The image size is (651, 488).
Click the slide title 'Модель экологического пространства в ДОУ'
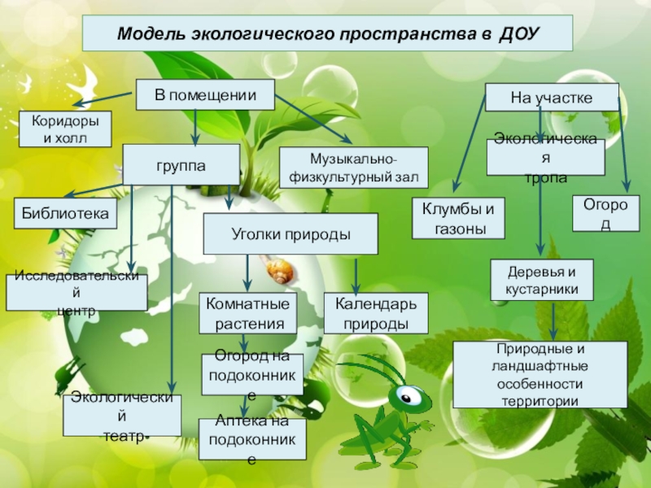[327, 34]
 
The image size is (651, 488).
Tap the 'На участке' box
[551, 98]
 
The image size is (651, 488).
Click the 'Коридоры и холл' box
[65, 129]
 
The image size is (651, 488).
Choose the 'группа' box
[181, 164]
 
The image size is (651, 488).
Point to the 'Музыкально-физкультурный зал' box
[352, 168]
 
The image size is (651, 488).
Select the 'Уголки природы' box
[291, 234]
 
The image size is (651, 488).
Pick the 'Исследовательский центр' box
[77, 293]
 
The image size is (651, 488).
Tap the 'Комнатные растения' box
[248, 314]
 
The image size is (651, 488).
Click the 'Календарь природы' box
[375, 314]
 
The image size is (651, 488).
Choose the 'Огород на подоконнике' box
[252, 375]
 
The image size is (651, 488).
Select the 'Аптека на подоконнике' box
[252, 440]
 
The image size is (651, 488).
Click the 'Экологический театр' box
[122, 416]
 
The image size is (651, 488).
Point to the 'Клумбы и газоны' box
[458, 218]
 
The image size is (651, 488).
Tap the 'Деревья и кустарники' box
[541, 280]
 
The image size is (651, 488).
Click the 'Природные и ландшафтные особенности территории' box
[540, 374]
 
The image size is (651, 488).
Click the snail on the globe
[279, 270]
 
